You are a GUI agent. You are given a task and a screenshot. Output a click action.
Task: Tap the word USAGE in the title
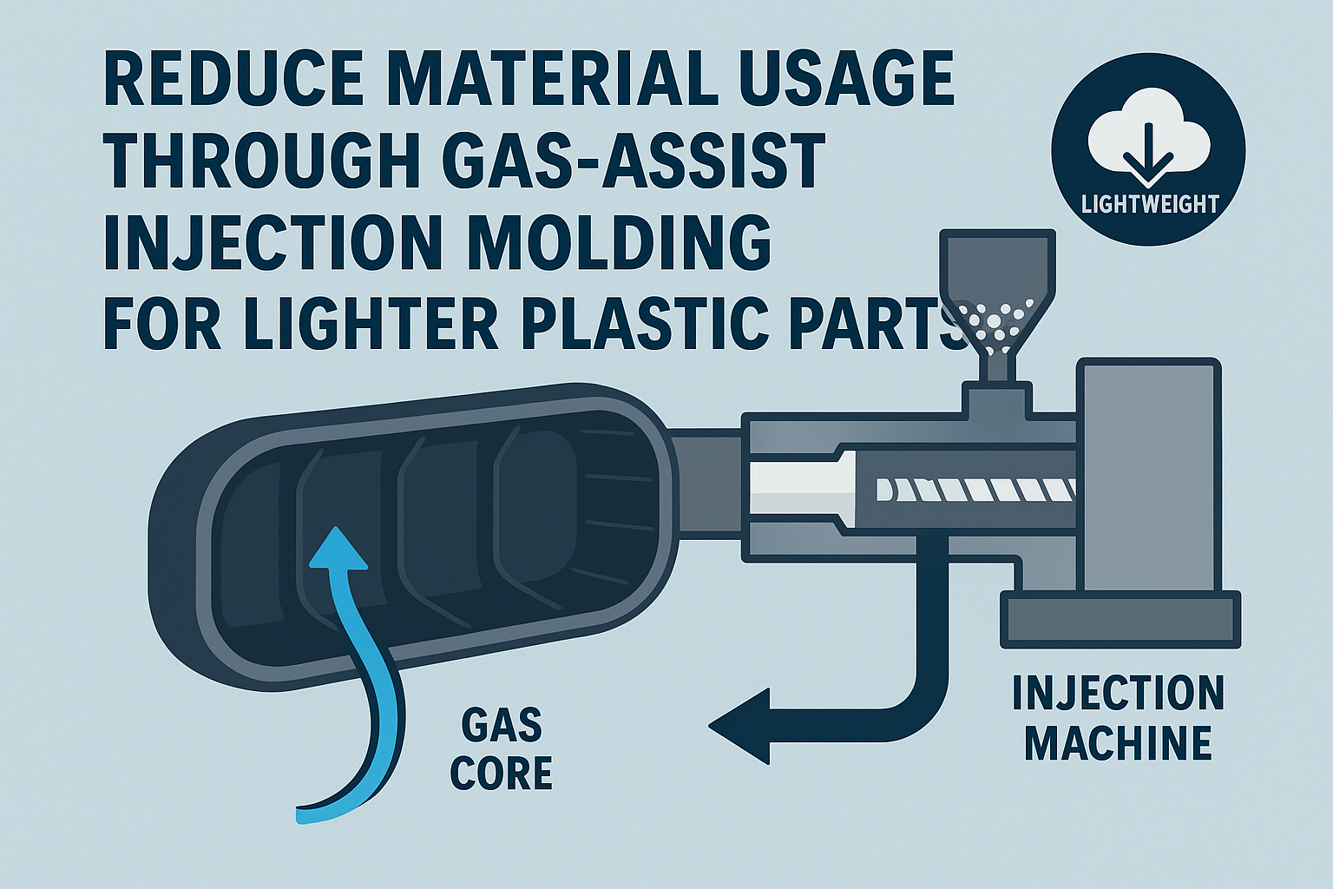[x=847, y=78]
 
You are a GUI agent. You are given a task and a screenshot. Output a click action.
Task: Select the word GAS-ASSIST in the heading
[x=634, y=160]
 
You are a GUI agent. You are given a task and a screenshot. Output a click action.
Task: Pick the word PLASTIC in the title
[x=645, y=323]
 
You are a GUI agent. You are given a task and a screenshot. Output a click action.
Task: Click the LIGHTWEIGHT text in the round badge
[x=1150, y=204]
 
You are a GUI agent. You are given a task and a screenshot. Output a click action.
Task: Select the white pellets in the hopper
[x=993, y=325]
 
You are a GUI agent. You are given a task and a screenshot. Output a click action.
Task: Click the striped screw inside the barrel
[x=977, y=490]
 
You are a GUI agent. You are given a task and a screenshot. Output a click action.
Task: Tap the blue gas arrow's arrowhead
[x=338, y=549]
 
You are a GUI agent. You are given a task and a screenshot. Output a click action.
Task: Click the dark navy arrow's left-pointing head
[x=739, y=726]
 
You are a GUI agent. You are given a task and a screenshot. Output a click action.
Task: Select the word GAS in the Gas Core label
[x=502, y=725]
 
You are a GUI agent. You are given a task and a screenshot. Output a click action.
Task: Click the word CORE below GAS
[x=502, y=773]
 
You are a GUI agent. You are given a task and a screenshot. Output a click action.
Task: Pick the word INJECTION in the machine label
[x=1118, y=693]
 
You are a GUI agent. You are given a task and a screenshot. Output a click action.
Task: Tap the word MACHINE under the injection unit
[x=1118, y=742]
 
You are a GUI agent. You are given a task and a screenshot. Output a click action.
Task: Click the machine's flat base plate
[x=1120, y=619]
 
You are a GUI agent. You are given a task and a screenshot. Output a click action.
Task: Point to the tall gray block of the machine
[x=1149, y=477]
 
